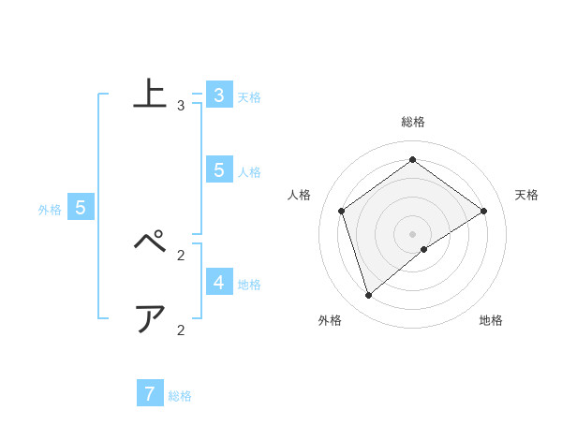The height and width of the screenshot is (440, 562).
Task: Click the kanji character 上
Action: (152, 95)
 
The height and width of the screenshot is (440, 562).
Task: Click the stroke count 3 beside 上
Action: (181, 106)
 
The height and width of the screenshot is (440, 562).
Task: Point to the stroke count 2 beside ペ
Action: (181, 254)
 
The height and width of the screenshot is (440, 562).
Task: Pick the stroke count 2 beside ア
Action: (181, 330)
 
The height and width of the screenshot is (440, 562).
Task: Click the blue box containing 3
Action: (218, 95)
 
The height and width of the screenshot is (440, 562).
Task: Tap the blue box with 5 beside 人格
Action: (218, 170)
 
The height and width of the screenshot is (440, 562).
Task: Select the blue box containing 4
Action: (218, 282)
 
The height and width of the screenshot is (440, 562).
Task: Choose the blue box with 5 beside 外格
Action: (81, 208)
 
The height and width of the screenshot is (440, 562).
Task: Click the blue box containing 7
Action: (150, 393)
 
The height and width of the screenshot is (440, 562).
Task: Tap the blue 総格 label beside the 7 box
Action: (180, 396)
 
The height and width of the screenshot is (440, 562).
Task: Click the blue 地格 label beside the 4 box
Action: (249, 285)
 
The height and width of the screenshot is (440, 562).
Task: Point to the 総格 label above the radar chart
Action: (413, 122)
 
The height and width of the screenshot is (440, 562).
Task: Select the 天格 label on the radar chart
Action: (527, 195)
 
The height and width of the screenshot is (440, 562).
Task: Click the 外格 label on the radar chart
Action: (330, 320)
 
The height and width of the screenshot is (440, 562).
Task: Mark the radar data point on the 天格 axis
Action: (483, 211)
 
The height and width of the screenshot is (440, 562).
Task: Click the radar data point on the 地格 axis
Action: (424, 249)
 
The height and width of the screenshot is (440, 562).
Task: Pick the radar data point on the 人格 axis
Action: (341, 211)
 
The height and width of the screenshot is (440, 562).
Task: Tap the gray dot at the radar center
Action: (412, 233)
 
